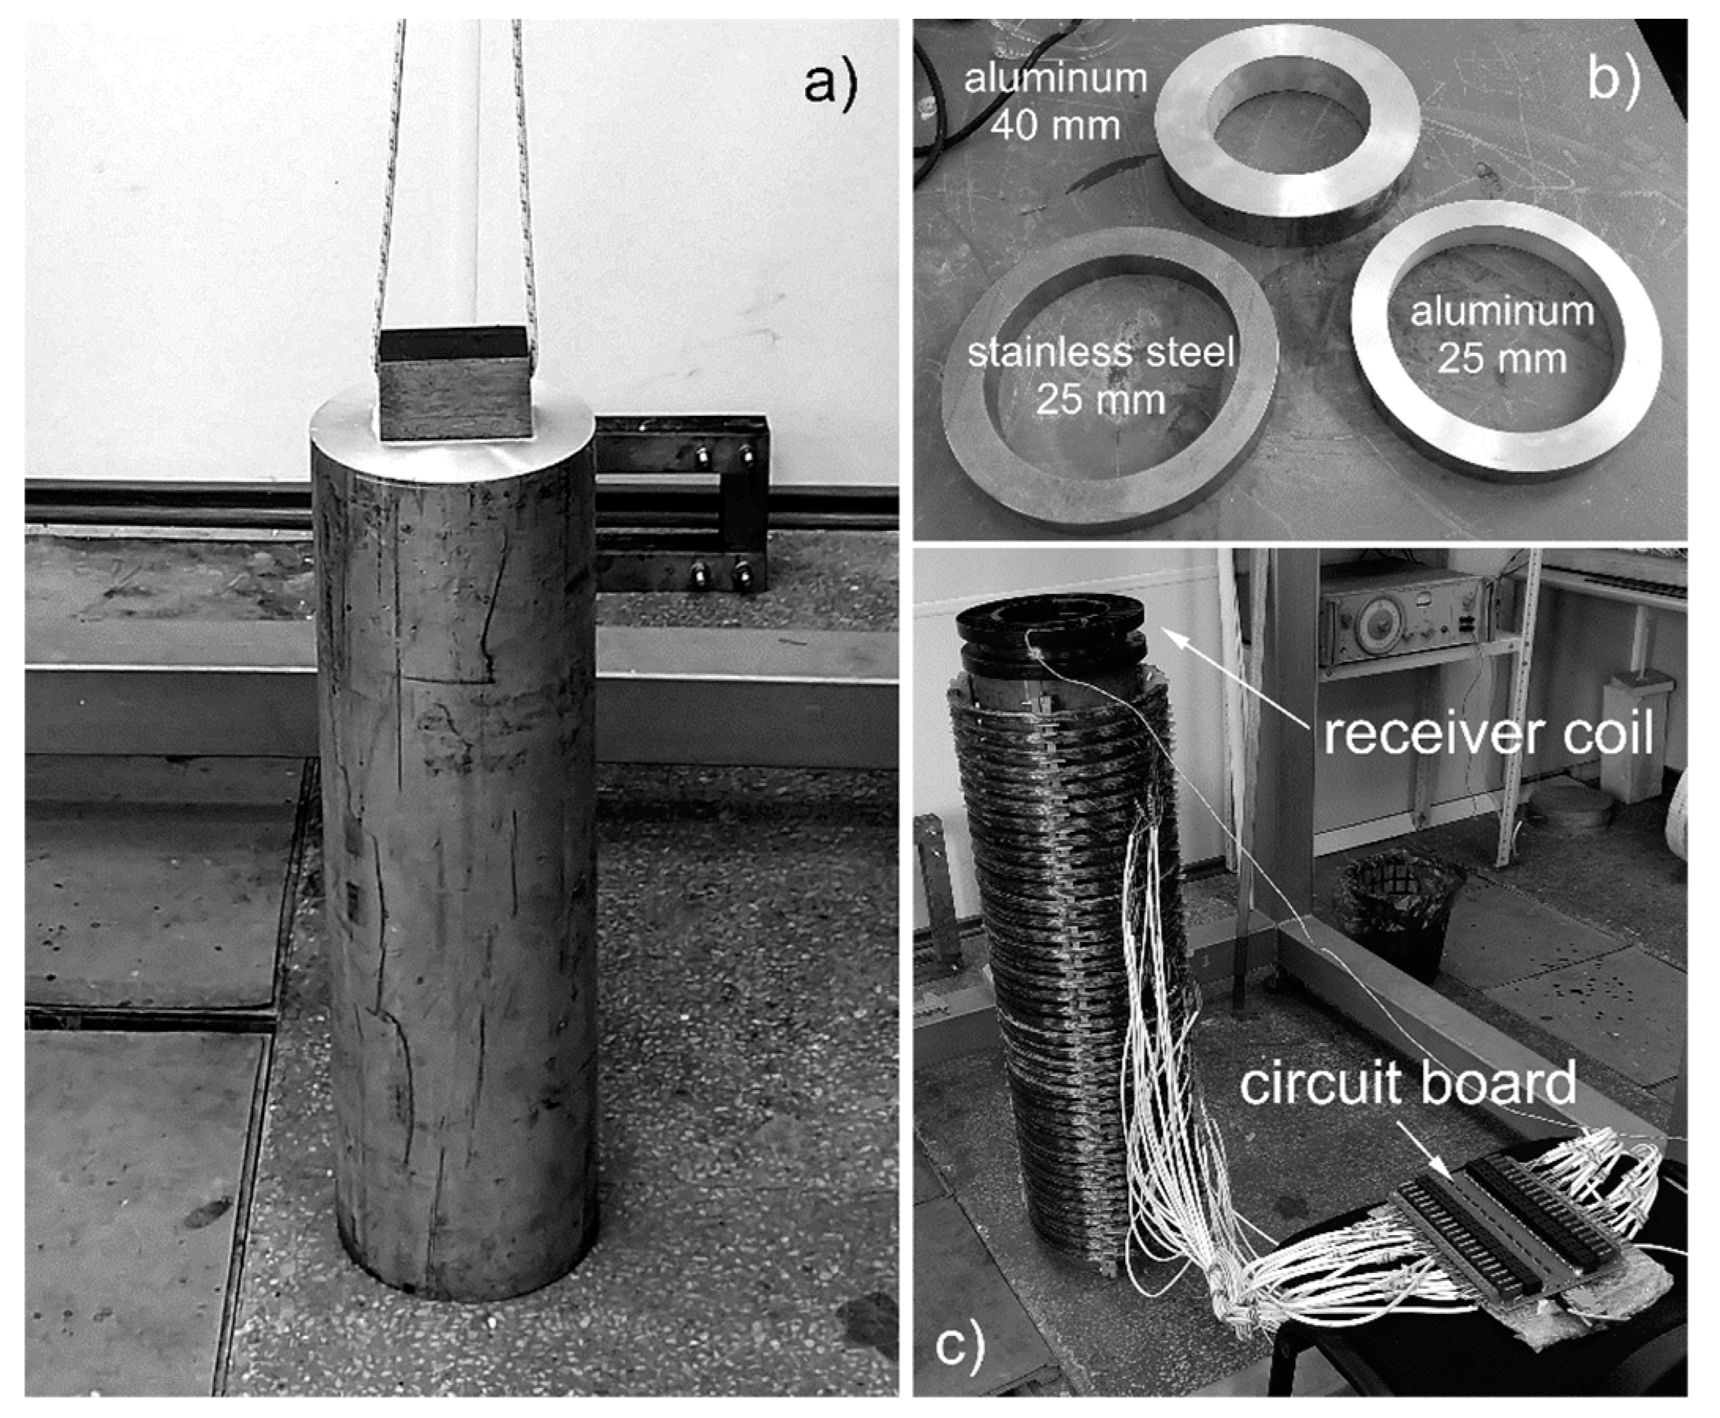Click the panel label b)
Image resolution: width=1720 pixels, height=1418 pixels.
tap(1613, 81)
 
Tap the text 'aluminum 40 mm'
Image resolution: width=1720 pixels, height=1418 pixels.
tap(1055, 102)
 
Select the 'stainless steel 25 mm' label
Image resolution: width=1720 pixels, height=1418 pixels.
tap(1100, 376)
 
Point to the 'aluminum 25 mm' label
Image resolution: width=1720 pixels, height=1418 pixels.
tap(1502, 335)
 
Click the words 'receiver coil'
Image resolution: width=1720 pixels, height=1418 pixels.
tap(1488, 733)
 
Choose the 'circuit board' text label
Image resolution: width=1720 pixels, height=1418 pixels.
tap(1408, 1084)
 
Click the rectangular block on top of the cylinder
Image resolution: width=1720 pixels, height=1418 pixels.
tap(455, 384)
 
